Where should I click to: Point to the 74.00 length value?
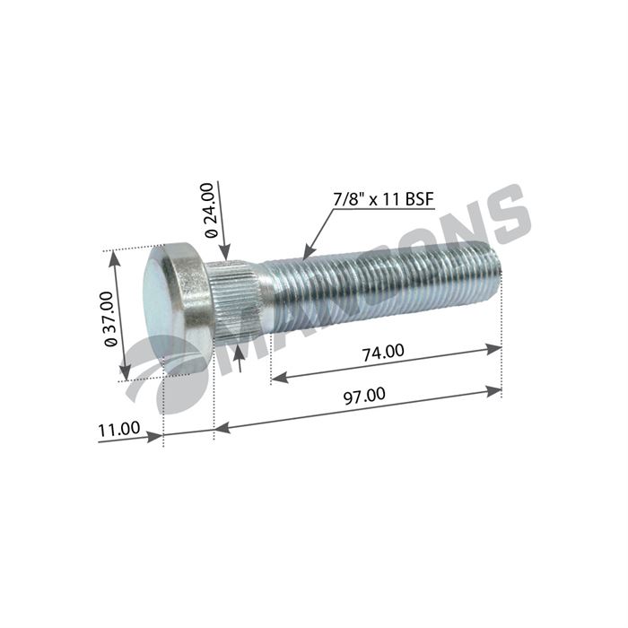tap(382, 352)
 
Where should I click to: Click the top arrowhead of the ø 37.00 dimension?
tap(114, 257)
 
